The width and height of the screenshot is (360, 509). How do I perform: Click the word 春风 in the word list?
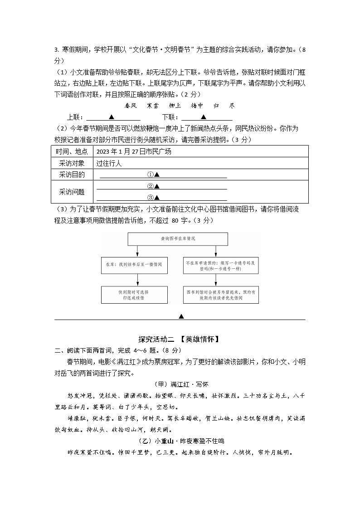(131, 106)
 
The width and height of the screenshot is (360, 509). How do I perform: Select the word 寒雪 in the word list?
(153, 106)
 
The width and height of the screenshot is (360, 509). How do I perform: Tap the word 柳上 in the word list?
(175, 106)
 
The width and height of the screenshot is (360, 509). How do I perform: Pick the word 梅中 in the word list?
(197, 106)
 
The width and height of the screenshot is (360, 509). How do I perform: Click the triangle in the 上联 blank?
(112, 117)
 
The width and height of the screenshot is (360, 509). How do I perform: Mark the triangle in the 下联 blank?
(204, 117)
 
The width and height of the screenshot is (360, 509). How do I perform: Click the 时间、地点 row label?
(72, 151)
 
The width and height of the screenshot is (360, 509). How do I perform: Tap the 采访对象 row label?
(72, 163)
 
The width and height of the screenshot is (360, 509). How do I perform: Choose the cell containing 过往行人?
(109, 163)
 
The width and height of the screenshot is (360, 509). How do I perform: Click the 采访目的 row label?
(72, 175)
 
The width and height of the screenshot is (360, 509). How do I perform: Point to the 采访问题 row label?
(72, 192)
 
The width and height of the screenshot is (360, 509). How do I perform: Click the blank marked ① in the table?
(163, 175)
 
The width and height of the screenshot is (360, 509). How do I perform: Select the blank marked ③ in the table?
(163, 197)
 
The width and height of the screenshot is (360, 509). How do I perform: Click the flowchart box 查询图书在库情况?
(178, 239)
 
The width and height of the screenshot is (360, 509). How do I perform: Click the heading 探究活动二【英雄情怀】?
(180, 339)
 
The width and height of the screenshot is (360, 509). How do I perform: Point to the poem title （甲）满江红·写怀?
(180, 384)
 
